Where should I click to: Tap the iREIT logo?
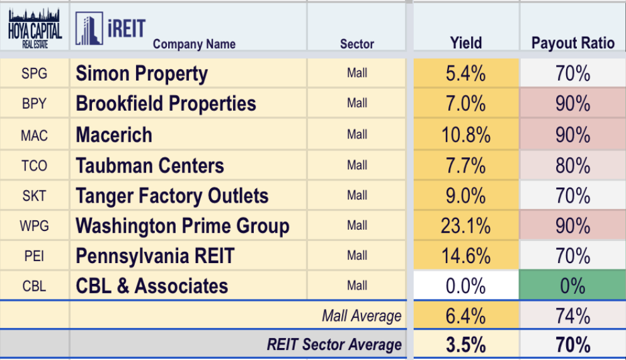[x=110, y=29]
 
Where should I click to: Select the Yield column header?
[x=466, y=43]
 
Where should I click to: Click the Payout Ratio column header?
[x=572, y=43]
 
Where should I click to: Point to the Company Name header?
[x=194, y=44]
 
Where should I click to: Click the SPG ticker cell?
[x=34, y=74]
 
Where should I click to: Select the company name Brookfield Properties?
[x=166, y=104]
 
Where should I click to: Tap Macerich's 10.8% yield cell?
[x=466, y=135]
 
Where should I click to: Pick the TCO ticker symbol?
[x=34, y=166]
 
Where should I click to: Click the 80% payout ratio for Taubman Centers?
[x=572, y=166]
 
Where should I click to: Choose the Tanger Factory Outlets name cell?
[x=172, y=196]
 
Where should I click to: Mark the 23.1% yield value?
[x=466, y=226]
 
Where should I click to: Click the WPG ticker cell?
[x=34, y=226]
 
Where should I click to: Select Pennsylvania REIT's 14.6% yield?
[x=466, y=256]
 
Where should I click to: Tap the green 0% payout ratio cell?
[x=572, y=286]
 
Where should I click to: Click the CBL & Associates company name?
[x=152, y=286]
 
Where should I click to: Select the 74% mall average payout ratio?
[x=572, y=316]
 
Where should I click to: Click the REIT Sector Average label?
[x=334, y=345]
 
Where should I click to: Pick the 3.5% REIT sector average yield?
[x=466, y=345]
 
